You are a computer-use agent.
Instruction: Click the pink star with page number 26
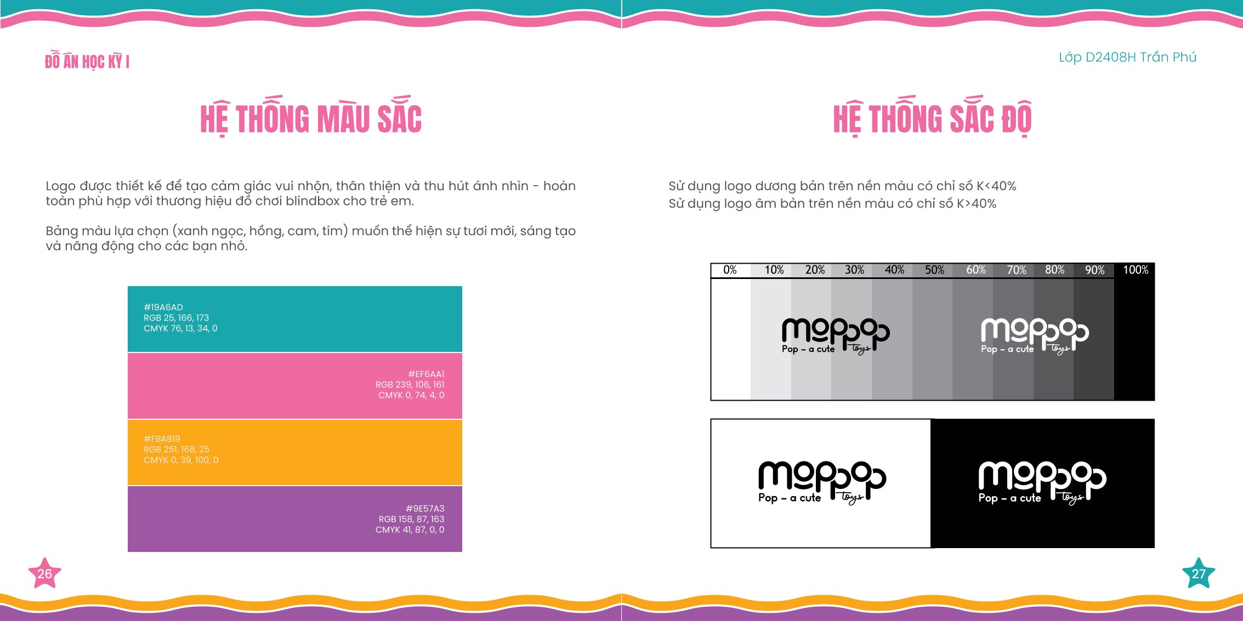pyautogui.click(x=44, y=573)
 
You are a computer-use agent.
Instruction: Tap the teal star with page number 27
pyautogui.click(x=1199, y=573)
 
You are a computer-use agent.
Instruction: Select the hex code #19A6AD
pyautogui.click(x=163, y=307)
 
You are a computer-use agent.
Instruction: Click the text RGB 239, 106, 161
pyautogui.click(x=410, y=385)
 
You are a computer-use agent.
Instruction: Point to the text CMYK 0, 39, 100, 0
pyautogui.click(x=181, y=460)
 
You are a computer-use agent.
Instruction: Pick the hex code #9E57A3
pyautogui.click(x=425, y=509)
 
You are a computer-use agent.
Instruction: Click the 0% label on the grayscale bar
pyautogui.click(x=730, y=270)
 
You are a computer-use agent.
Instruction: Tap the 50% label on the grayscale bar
pyautogui.click(x=935, y=270)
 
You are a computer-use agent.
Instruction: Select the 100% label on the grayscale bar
pyautogui.click(x=1136, y=270)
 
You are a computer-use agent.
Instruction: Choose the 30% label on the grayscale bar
pyautogui.click(x=854, y=270)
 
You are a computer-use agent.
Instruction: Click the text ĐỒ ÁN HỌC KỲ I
pyautogui.click(x=87, y=61)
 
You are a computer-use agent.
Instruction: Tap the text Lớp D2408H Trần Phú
pyautogui.click(x=1127, y=57)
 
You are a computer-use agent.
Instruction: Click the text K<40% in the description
pyautogui.click(x=996, y=186)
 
